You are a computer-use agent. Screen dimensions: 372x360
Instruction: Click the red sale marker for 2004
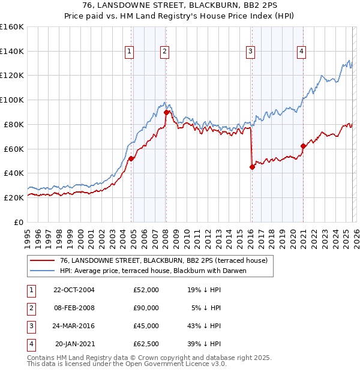(x=131, y=158)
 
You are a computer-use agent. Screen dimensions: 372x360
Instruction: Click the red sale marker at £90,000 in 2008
(x=166, y=112)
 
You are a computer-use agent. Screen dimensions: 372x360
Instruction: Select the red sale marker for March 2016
(x=252, y=167)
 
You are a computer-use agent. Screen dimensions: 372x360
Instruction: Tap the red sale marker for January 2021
(x=304, y=145)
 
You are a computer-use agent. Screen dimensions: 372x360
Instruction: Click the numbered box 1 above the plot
(x=129, y=52)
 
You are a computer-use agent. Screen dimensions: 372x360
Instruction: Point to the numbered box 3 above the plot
(x=250, y=52)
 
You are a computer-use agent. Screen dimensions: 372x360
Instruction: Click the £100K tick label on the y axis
(x=12, y=100)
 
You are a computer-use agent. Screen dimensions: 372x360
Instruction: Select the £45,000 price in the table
(x=146, y=326)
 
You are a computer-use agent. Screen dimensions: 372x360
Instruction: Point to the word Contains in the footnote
(x=43, y=358)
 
